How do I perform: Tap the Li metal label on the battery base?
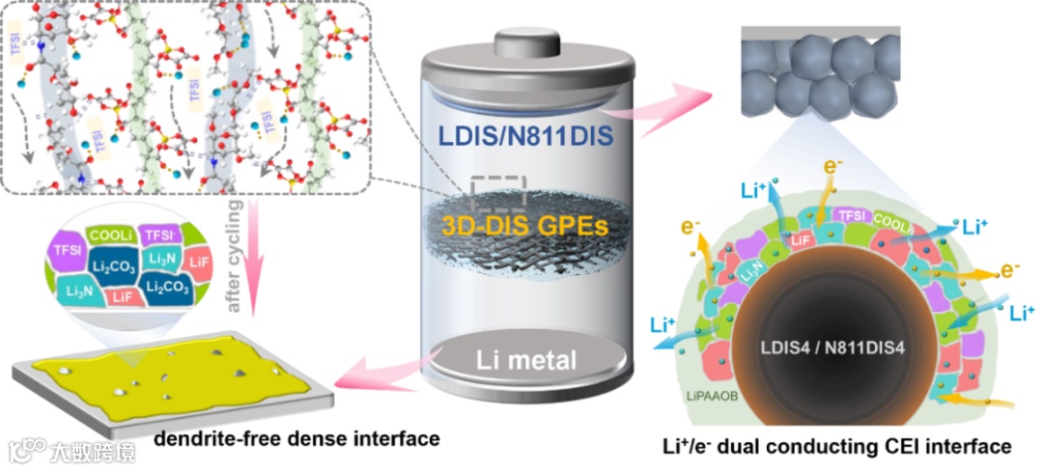[x=526, y=362]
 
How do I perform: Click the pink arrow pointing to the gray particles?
[x=676, y=96]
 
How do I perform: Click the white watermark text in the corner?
[x=92, y=451]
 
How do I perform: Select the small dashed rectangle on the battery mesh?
[x=496, y=191]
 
